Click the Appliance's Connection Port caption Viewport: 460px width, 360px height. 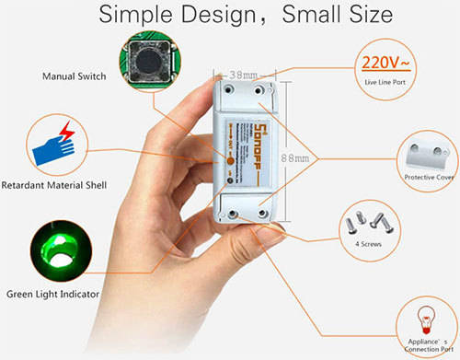[426, 343]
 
